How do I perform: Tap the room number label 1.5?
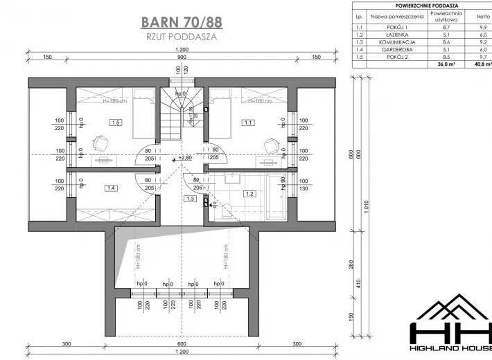coord(115,123)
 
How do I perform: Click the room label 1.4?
coord(110,188)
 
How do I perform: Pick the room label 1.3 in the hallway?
coord(191,199)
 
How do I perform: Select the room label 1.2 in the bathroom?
coord(247,195)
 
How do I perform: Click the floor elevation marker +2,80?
coord(184,158)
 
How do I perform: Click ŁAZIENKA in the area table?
coord(397,34)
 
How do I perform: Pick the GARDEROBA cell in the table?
coord(397,49)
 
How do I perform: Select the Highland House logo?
coord(450,326)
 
